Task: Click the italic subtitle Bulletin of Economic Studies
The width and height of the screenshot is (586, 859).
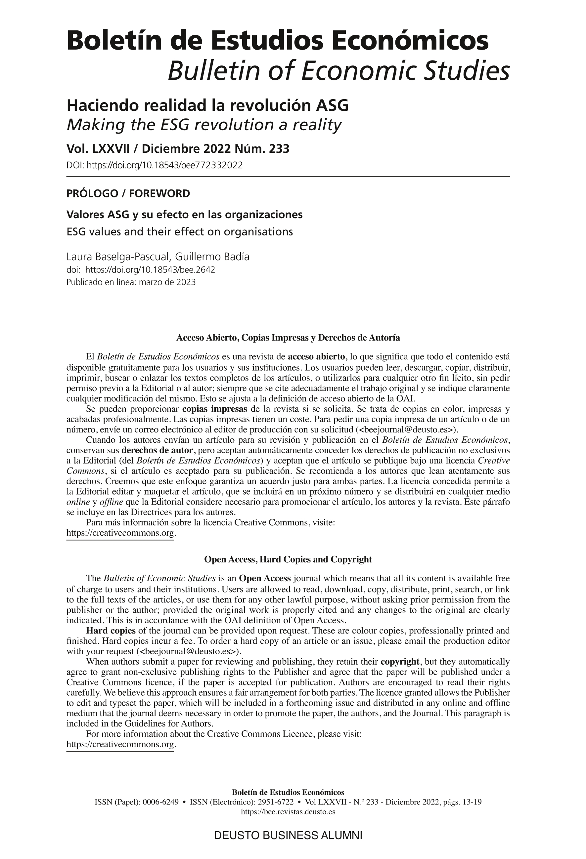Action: [338, 71]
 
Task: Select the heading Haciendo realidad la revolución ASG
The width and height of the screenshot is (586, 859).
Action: [207, 106]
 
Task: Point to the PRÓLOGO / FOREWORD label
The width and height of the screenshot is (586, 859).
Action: [128, 193]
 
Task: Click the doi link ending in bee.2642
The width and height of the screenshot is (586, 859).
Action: [150, 269]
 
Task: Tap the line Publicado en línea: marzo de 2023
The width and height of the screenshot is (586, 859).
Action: [131, 282]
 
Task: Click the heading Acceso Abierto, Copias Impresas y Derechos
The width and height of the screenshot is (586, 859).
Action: [288, 338]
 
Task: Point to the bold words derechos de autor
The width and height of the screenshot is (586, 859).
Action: [157, 451]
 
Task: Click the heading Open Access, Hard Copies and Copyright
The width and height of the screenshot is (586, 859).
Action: [288, 559]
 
